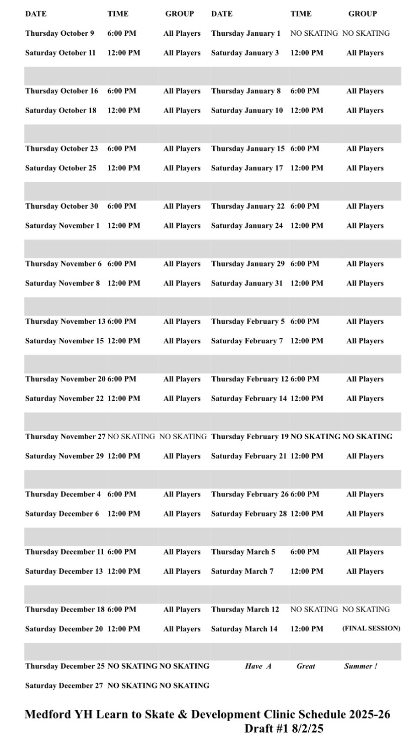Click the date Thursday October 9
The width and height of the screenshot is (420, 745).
coord(59,33)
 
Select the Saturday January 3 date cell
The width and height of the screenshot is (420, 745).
coord(245,53)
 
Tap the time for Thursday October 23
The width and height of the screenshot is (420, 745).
coord(122,148)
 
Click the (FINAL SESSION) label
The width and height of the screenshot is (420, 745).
coord(371,628)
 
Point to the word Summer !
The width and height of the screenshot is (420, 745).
coord(361,666)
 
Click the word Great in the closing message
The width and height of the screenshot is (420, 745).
coord(306,666)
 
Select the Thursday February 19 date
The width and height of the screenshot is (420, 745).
coord(250,436)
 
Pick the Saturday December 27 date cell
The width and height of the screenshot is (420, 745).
coord(64,685)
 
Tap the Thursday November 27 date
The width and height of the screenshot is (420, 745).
coord(65,436)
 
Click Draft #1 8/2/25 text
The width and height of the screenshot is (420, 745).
coord(284,729)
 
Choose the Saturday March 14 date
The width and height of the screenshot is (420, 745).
coord(244,629)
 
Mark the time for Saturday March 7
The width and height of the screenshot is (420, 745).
coord(307,571)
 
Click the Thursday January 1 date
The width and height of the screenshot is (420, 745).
coord(246,33)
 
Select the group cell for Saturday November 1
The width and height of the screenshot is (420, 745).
coord(182,225)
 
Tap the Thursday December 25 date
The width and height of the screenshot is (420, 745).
coord(65,666)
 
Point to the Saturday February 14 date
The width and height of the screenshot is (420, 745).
coord(249,398)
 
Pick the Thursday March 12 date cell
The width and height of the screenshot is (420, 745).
coord(245,609)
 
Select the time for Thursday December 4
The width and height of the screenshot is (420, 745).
coord(122,494)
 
